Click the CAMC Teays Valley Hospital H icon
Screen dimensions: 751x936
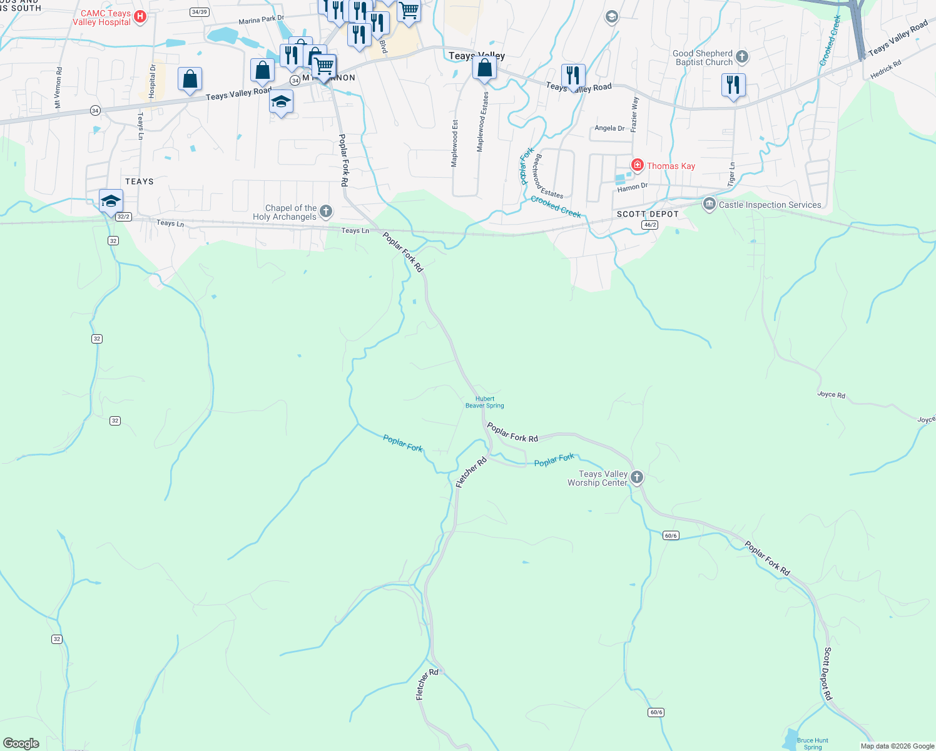click(140, 17)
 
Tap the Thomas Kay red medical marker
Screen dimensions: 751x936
click(637, 165)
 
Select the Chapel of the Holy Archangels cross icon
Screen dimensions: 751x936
click(326, 212)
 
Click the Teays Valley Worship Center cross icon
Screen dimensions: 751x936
click(637, 478)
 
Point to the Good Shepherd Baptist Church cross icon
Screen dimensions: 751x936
click(742, 57)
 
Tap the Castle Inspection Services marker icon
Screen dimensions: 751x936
click(709, 204)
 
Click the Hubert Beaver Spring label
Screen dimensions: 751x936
click(485, 402)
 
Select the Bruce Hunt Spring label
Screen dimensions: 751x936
click(813, 743)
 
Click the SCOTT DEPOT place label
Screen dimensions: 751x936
click(648, 214)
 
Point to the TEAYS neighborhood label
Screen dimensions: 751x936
click(140, 181)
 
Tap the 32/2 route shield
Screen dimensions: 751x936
click(123, 217)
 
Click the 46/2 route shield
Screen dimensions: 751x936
click(650, 225)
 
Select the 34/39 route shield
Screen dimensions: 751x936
click(200, 12)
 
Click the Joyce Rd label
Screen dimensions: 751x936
click(831, 395)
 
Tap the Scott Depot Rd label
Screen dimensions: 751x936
click(827, 674)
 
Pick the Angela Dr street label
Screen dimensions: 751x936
click(609, 128)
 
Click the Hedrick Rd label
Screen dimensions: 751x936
click(885, 69)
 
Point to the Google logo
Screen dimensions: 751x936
click(21, 743)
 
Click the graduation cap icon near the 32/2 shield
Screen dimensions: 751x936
click(111, 200)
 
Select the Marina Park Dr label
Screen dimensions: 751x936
click(261, 20)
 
